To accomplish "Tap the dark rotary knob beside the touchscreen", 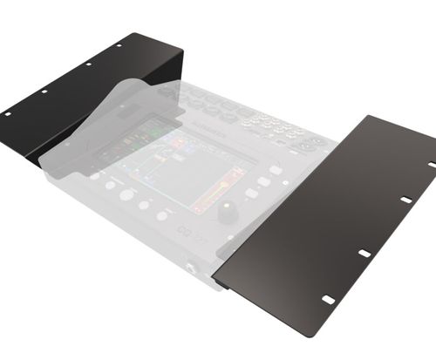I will click(228, 212).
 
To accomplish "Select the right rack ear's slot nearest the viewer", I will click(328, 299).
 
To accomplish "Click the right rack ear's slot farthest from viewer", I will click(432, 164).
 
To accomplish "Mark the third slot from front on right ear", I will click(405, 200).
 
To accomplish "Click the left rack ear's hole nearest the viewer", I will click(8, 113).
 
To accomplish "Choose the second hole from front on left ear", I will click(44, 92).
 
